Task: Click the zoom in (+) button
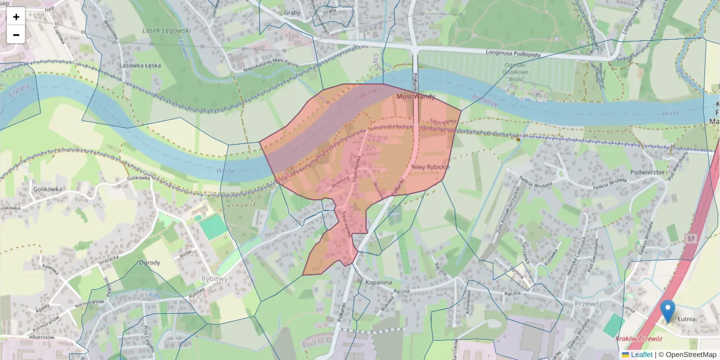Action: [16, 16]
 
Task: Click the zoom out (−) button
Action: [16, 35]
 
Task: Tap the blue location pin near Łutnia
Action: [667, 310]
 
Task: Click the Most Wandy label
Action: [416, 96]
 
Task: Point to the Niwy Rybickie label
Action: [430, 167]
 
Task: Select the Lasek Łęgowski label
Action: [167, 29]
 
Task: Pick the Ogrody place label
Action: [149, 263]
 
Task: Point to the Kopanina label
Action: [378, 282]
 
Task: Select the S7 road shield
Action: [691, 239]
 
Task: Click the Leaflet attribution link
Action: [641, 355]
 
